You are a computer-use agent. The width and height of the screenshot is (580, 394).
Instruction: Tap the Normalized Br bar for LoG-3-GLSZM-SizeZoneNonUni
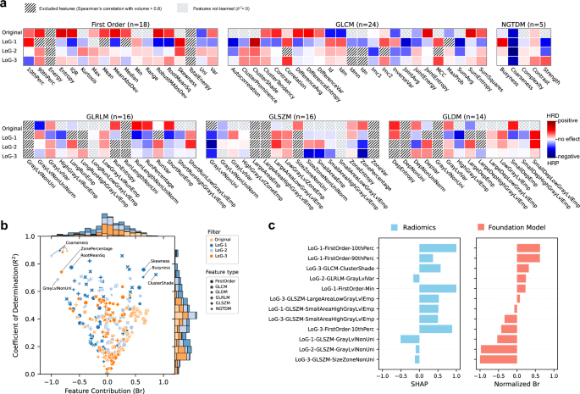tap(497, 360)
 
